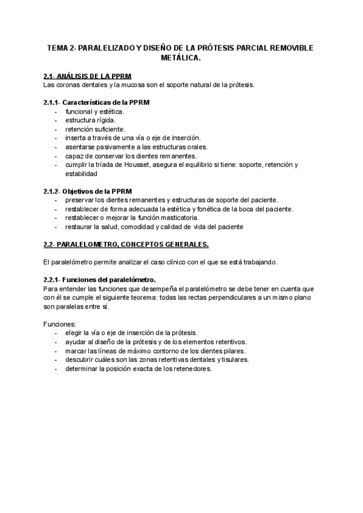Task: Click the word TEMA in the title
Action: click(x=58, y=48)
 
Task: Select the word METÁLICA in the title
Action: click(x=180, y=58)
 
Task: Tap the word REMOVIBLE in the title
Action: click(x=288, y=48)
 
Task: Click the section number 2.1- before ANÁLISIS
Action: click(x=51, y=76)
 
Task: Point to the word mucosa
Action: click(x=128, y=85)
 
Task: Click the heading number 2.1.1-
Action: click(x=54, y=103)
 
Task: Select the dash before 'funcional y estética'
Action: click(x=56, y=112)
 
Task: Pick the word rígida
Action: click(x=105, y=120)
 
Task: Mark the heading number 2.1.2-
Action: click(x=54, y=191)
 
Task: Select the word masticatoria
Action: click(x=177, y=218)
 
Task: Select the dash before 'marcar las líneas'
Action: click(x=56, y=351)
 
